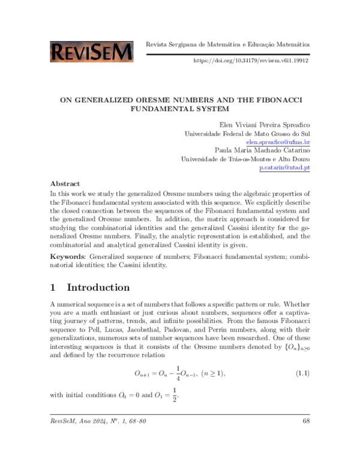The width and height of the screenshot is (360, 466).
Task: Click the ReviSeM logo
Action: [92, 52]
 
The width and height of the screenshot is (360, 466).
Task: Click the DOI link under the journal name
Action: [251, 61]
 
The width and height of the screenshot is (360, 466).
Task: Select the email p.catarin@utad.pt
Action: [284, 168]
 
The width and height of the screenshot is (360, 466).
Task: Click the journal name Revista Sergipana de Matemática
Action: [193, 44]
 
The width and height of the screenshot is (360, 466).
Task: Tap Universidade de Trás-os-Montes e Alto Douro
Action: [245, 160]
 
